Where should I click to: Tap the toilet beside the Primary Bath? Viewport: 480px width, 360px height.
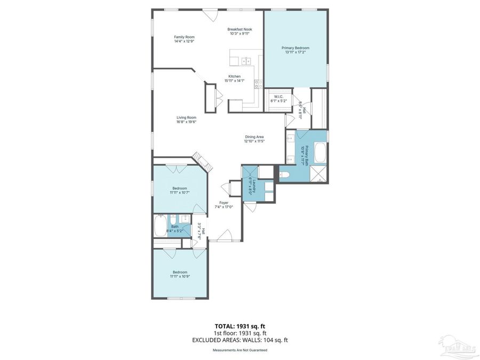pos(284,174)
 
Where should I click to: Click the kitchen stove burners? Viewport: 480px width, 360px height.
pos(258,83)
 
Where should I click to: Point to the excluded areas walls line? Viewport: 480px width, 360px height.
pos(239,340)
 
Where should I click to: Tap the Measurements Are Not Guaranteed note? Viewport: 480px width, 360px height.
pos(240,350)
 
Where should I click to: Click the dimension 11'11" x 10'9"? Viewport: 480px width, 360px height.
pos(180,276)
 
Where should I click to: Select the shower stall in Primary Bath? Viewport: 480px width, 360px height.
pos(319,174)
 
